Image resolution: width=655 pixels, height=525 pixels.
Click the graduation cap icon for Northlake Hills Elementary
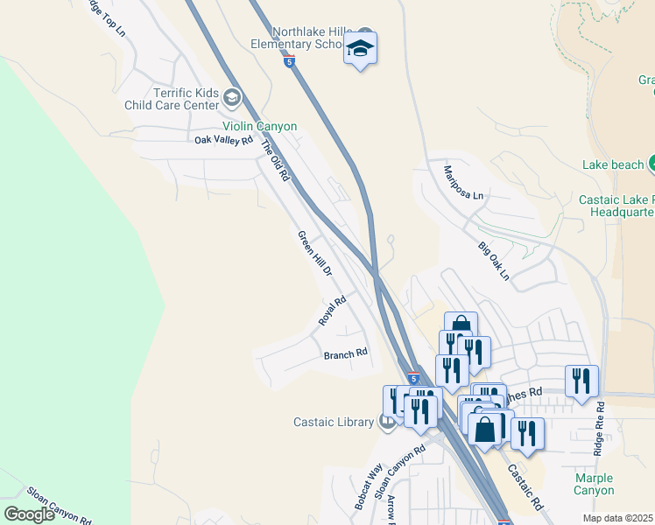pyautogui.click(x=360, y=49)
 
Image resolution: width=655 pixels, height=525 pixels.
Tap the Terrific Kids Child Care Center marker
pyautogui.click(x=231, y=95)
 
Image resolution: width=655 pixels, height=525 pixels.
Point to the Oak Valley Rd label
pyautogui.click(x=223, y=140)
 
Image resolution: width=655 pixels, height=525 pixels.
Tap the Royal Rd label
pyautogui.click(x=333, y=311)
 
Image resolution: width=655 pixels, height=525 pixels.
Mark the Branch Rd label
pyautogui.click(x=345, y=354)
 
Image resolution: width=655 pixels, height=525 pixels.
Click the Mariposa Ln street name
pyautogui.click(x=463, y=183)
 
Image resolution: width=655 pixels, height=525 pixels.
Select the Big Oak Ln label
pyautogui.click(x=493, y=262)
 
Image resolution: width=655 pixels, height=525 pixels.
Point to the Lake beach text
pyautogui.click(x=612, y=164)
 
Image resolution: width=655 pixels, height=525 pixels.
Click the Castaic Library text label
pyautogui.click(x=334, y=423)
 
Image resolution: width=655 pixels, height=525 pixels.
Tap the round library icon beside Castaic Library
pyautogui.click(x=386, y=423)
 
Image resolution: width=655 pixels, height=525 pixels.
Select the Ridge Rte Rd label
pyautogui.click(x=599, y=430)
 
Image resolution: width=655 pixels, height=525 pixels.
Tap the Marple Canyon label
pyautogui.click(x=594, y=484)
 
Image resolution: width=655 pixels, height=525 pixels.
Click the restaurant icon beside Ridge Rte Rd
pyautogui.click(x=581, y=381)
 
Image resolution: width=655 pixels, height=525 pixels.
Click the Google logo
pyautogui.click(x=29, y=514)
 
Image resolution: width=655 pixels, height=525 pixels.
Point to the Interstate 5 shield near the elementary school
pyautogui.click(x=290, y=60)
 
